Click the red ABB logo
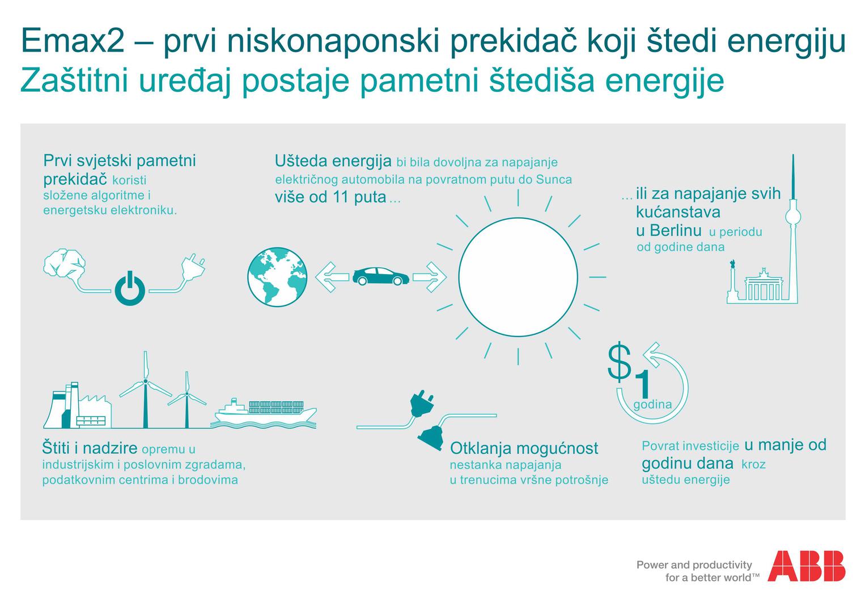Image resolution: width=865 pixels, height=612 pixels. (x=806, y=566)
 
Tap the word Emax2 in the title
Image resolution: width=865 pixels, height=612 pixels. (x=73, y=40)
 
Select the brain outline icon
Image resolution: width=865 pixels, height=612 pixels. (x=65, y=263)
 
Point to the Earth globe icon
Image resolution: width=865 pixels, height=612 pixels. (x=277, y=277)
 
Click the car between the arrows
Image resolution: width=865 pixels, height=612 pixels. (x=380, y=277)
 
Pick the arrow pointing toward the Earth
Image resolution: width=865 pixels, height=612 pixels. (x=332, y=277)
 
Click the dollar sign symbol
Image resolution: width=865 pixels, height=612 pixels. (x=620, y=362)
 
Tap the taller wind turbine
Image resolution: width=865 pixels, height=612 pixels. (x=146, y=389)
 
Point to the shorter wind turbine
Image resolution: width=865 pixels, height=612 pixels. (x=187, y=399)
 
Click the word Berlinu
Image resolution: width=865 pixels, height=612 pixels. (x=676, y=231)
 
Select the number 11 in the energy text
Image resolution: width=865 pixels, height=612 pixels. (x=341, y=197)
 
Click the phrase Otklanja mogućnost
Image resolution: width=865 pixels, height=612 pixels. (x=524, y=448)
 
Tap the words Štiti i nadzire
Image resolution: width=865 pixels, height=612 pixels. (x=90, y=448)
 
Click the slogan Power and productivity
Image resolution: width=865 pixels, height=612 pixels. (x=694, y=565)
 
